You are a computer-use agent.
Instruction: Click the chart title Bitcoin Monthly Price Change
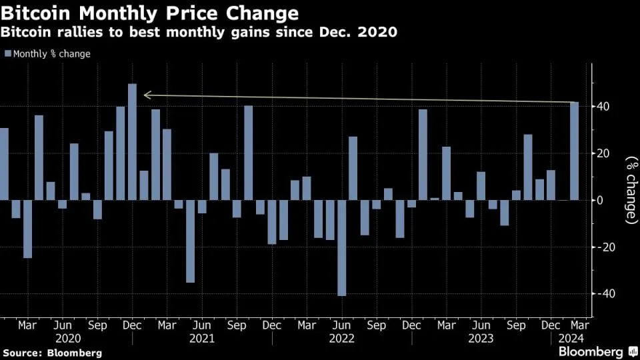coord(149,13)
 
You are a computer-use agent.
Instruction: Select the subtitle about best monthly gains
coord(199,32)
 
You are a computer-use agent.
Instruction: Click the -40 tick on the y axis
coord(603,294)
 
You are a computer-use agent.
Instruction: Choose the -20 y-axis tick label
coord(603,247)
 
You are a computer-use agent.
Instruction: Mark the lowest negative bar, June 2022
coord(342,247)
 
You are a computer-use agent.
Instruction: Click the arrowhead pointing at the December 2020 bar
coord(147,95)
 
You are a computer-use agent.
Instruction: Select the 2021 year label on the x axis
coord(201,339)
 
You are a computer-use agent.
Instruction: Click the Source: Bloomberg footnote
coord(53,352)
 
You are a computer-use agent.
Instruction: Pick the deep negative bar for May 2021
coord(190,241)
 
